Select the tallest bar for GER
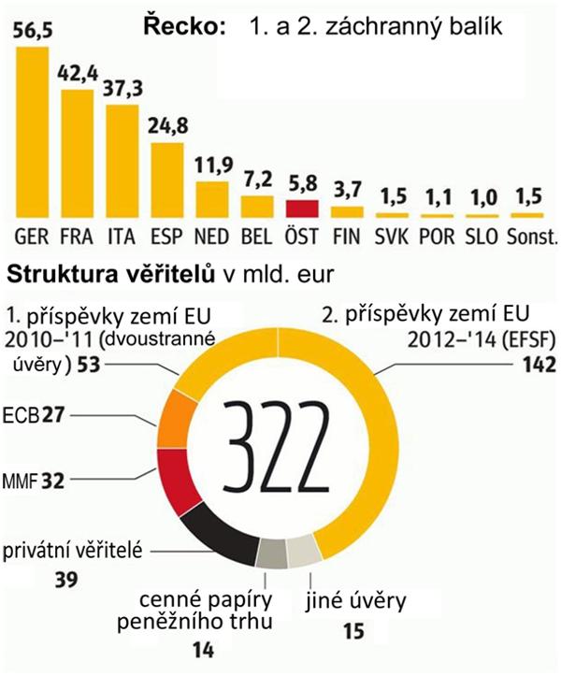click(x=33, y=131)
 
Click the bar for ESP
click(x=167, y=179)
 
